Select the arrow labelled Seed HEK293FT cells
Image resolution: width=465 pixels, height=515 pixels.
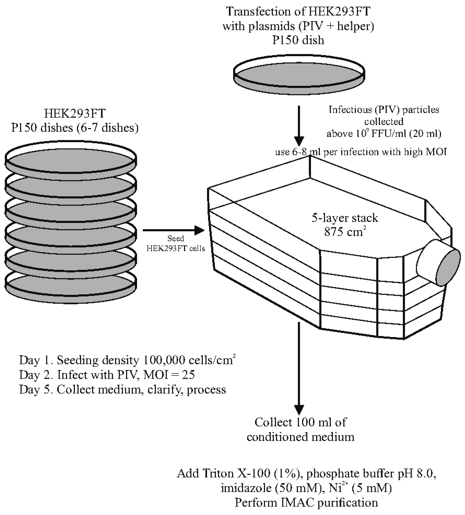[174, 230]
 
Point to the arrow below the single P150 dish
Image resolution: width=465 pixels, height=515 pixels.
[299, 125]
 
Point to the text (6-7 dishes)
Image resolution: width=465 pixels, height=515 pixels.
[107, 128]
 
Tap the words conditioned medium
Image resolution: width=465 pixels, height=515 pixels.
[300, 437]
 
